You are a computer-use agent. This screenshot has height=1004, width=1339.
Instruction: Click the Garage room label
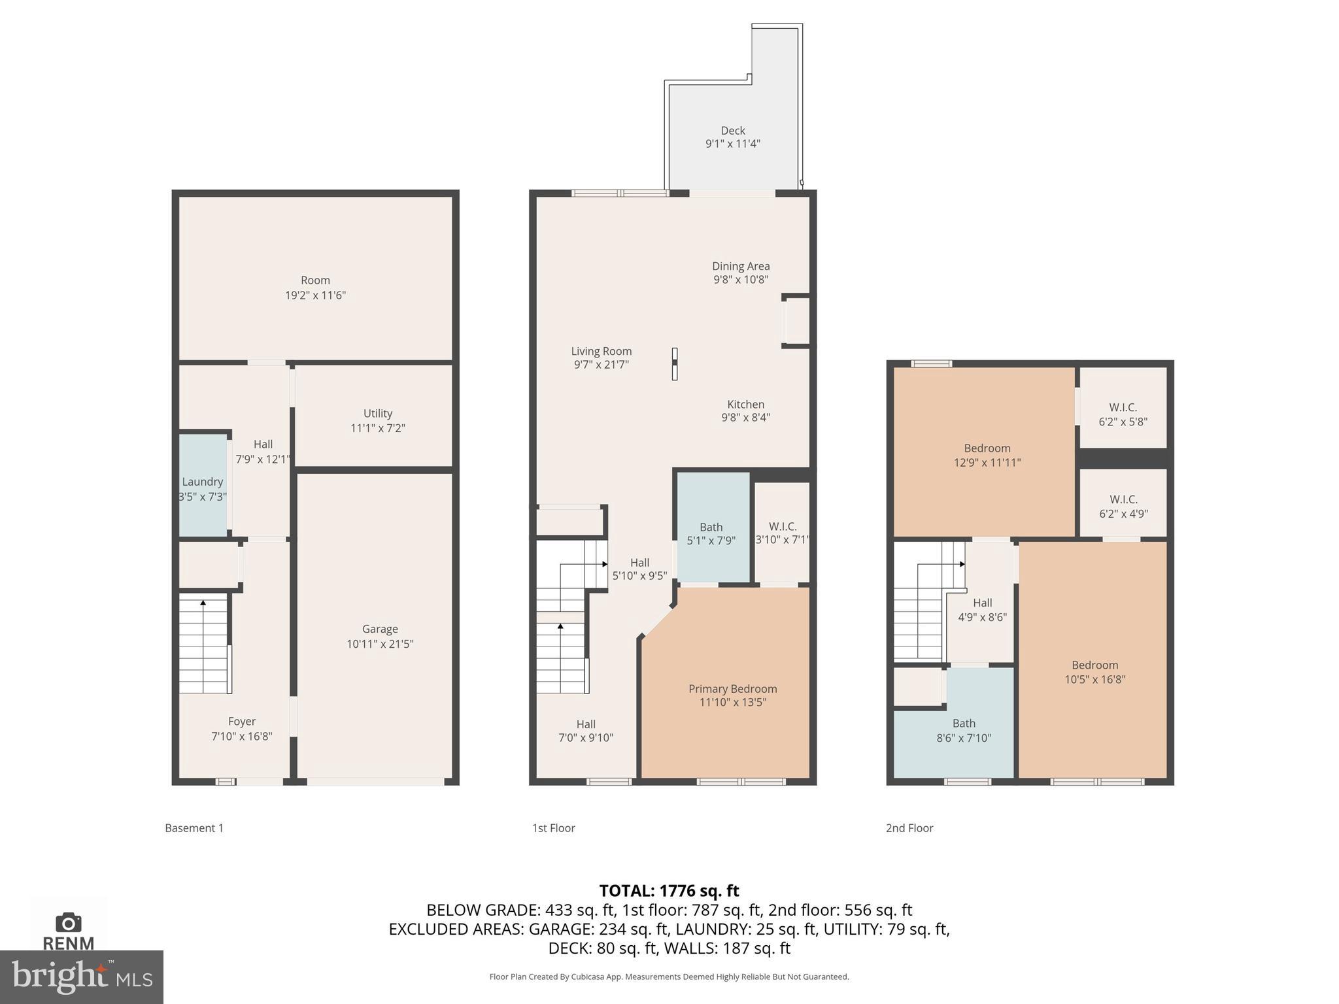coord(380,629)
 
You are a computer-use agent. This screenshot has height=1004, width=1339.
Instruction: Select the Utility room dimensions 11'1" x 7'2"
coord(378,428)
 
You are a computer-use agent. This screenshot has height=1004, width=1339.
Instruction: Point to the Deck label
coord(733,131)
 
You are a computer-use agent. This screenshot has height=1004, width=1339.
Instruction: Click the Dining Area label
coord(741,266)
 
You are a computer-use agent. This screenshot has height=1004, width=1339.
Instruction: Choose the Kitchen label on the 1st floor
coord(745,405)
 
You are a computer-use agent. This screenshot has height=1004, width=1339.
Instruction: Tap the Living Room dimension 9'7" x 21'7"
coord(602,365)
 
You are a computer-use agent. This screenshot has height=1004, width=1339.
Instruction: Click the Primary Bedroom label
coord(732,689)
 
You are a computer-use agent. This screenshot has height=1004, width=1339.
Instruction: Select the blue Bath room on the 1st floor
coord(712,527)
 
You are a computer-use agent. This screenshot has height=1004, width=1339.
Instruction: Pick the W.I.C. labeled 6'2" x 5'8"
coord(1123,414)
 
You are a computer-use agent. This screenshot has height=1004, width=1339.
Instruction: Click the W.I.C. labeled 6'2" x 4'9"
coord(1123,507)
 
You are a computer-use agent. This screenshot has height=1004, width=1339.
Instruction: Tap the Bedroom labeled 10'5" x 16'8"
coord(1094,672)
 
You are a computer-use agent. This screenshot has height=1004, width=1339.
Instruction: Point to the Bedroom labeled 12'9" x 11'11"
coord(987,455)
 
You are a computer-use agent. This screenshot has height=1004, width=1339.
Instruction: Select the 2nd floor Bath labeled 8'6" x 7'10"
coord(964,730)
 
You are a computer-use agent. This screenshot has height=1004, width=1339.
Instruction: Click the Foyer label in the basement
coord(242,722)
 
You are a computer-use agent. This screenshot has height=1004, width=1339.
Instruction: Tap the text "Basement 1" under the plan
coord(194,828)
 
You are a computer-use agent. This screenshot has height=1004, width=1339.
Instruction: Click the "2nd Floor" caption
coord(909,828)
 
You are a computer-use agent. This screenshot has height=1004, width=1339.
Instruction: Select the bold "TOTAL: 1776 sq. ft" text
coord(669,891)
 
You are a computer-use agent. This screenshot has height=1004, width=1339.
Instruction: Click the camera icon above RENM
coord(68,923)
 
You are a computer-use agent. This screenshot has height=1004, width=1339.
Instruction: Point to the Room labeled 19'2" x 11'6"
coord(315,287)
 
